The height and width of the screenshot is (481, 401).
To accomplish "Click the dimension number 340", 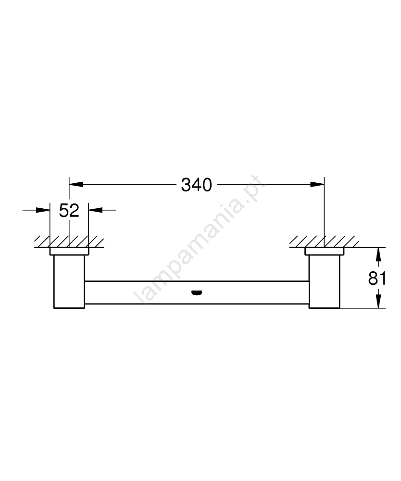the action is pos(197,185).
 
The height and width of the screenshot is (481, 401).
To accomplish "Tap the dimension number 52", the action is pos(69,211).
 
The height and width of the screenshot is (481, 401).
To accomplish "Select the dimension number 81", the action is pos(377,278).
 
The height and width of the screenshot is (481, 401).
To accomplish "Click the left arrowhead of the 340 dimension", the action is pos(76,184).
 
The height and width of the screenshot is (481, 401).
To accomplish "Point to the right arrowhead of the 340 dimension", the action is pos(317,184).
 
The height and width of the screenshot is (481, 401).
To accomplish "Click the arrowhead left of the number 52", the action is pos(43,210).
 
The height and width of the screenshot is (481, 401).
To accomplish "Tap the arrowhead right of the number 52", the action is pos(95,210).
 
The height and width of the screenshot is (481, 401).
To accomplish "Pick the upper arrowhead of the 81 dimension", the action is pos(378,254).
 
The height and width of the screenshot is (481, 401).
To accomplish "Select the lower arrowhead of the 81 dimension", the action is pos(378,301).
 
